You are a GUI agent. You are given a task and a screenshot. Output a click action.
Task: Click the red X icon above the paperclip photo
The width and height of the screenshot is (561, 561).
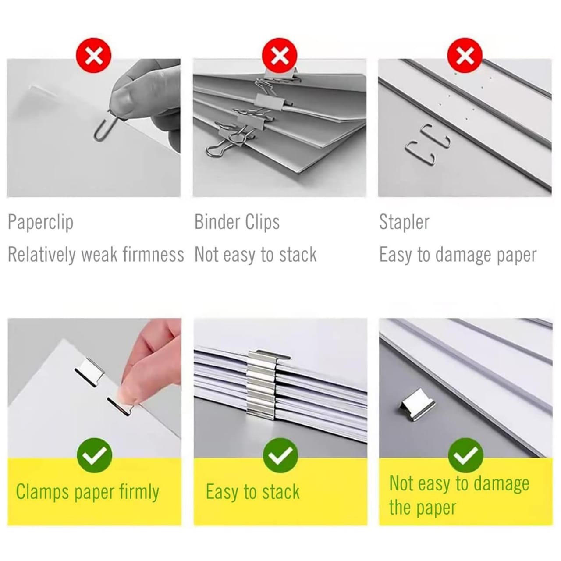coord(93,55)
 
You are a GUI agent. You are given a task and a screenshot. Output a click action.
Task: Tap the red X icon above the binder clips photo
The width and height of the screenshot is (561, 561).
coord(279,55)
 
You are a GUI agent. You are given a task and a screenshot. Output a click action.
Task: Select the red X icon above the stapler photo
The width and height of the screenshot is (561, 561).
coord(465,55)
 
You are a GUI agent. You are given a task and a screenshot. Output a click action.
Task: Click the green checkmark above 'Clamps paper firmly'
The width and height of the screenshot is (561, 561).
coord(94,455)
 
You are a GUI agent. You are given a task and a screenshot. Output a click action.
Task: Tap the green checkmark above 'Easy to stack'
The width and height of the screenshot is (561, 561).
coord(280,455)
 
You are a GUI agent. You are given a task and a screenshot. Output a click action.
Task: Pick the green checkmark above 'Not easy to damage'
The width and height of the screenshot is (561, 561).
coord(465,455)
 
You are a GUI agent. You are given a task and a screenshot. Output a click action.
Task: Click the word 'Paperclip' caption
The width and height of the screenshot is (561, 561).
coord(40,223)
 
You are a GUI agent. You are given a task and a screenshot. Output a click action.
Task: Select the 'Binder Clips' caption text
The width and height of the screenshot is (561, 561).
coord(237,222)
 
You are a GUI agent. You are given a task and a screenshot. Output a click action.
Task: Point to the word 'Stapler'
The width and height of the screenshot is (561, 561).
coord(404,223)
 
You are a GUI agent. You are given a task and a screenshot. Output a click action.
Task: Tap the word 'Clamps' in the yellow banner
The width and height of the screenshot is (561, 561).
coord(42,492)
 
